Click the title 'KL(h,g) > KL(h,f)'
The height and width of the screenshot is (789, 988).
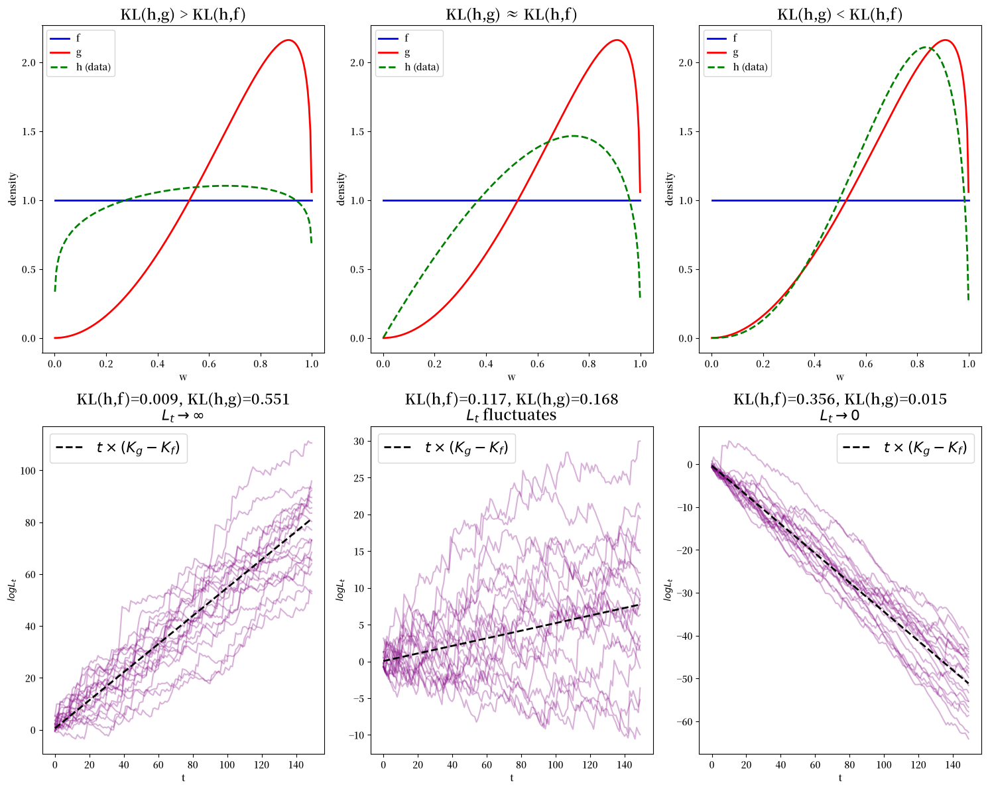(183, 15)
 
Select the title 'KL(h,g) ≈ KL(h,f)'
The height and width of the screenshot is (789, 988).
(511, 15)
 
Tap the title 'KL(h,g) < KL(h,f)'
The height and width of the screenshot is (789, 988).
(839, 15)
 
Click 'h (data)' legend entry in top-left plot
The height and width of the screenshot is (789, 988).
(93, 67)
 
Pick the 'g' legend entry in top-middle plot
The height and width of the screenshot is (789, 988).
(407, 53)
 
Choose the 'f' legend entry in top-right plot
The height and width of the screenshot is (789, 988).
(735, 38)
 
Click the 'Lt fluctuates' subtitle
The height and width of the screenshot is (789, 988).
(511, 415)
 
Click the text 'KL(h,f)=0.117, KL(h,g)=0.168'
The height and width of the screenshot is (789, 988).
(511, 399)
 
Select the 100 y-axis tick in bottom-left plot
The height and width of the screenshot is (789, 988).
(28, 471)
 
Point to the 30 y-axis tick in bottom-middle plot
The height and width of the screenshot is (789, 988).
(359, 442)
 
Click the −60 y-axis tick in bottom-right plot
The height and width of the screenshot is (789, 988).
(684, 721)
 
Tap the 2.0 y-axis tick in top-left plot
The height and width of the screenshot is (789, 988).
(29, 62)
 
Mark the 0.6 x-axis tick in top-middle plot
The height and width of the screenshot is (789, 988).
(537, 364)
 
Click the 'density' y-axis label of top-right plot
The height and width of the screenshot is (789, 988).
(669, 189)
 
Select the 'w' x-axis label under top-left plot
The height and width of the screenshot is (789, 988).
(183, 377)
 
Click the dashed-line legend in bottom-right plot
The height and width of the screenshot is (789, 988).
(905, 448)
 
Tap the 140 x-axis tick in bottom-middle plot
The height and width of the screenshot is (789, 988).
(625, 764)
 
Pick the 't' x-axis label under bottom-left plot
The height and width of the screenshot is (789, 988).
(183, 778)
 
